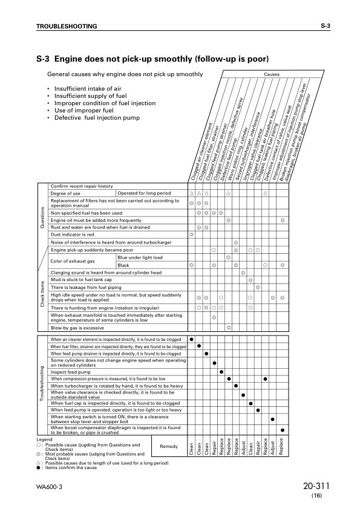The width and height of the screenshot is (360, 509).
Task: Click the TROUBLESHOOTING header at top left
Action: (x=67, y=27)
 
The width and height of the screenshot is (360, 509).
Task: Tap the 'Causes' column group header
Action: (x=272, y=74)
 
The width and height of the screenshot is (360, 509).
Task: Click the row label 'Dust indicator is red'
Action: (x=73, y=234)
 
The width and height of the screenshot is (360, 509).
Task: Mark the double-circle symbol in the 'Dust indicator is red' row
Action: (x=192, y=234)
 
